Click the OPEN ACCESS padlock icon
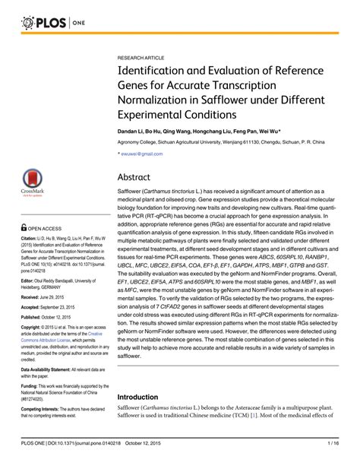[x=24, y=227]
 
